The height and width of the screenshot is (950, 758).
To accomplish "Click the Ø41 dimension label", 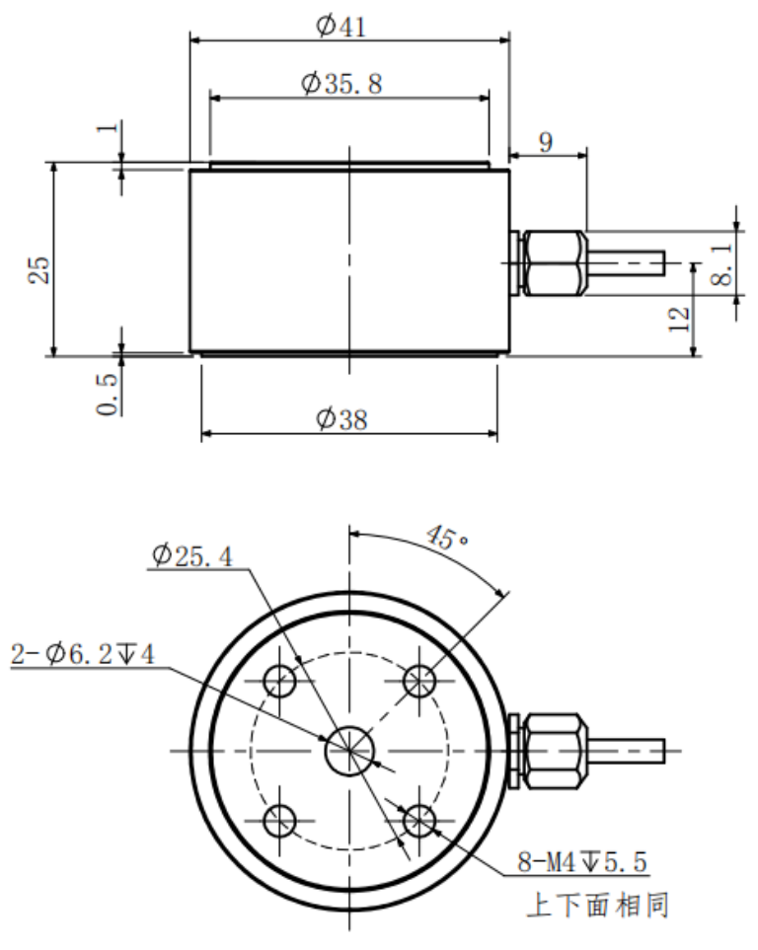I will click(341, 24).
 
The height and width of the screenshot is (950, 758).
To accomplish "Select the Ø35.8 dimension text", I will click(342, 84).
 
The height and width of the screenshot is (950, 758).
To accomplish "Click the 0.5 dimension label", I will click(111, 392).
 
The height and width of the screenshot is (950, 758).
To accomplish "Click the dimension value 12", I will click(679, 318).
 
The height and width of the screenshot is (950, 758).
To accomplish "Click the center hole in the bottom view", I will click(349, 751).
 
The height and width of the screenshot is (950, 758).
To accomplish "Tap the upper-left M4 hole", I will click(280, 680).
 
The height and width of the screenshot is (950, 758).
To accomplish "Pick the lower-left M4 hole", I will click(280, 819).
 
